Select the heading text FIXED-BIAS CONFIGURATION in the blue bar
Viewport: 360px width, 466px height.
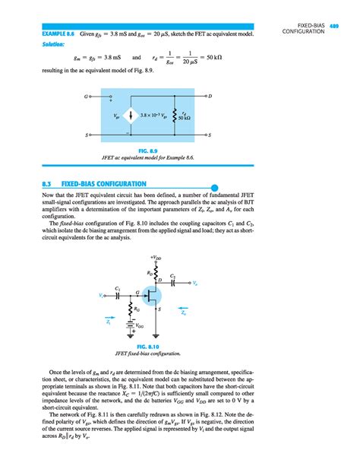click(104, 185)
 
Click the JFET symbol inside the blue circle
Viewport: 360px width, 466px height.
click(155, 296)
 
